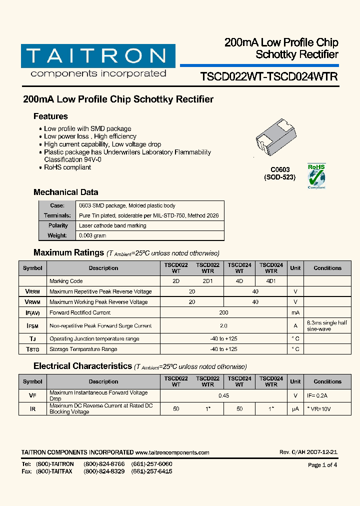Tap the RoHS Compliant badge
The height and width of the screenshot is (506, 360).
(316, 176)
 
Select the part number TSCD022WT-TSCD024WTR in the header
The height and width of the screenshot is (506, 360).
(268, 76)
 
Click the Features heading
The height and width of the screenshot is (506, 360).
(50, 116)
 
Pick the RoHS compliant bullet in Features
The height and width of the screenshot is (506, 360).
(67, 167)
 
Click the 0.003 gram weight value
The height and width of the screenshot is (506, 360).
(92, 235)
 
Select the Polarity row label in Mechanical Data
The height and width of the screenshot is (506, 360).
(57, 225)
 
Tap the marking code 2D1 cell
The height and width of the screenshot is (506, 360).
(207, 281)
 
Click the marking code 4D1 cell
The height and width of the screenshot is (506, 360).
(271, 281)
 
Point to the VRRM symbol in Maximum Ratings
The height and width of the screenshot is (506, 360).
(32, 291)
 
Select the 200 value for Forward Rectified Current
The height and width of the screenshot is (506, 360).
(223, 312)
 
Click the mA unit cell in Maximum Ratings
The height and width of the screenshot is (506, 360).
(295, 312)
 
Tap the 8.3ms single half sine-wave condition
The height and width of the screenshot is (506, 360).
(327, 326)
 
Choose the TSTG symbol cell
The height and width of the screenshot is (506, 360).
(32, 349)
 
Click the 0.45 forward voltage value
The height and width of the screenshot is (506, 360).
(223, 395)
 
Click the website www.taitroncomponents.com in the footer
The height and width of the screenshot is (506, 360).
(172, 452)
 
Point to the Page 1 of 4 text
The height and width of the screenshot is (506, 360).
(322, 465)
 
